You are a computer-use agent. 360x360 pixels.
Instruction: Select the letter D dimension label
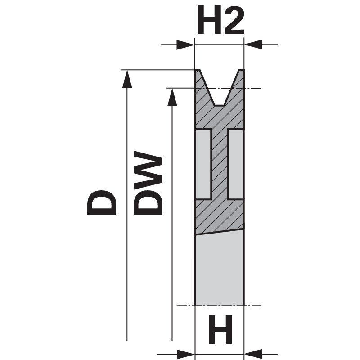pyautogui.click(x=103, y=202)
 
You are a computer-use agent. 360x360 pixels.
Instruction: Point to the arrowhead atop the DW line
pyautogui.click(x=172, y=96)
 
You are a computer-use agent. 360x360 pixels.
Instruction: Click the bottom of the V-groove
pyautogui.click(x=219, y=105)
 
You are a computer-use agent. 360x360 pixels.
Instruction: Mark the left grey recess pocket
pyautogui.click(x=203, y=164)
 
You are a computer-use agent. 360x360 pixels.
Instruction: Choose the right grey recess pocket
pyautogui.click(x=236, y=164)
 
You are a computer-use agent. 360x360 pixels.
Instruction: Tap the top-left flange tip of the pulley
pyautogui.click(x=197, y=71)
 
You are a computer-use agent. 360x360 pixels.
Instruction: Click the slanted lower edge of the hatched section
pyautogui.click(x=219, y=232)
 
